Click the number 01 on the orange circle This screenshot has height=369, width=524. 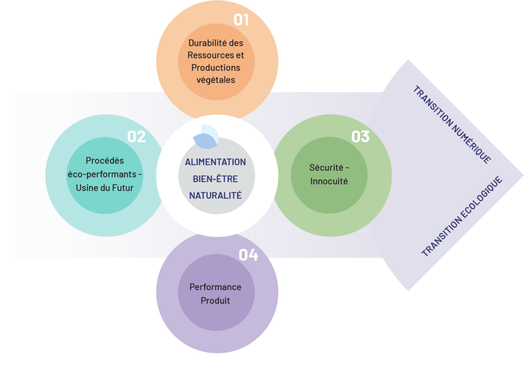[241, 20]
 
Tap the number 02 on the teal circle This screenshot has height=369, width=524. [136, 136]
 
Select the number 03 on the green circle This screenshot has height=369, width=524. [360, 136]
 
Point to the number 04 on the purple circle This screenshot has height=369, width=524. [248, 255]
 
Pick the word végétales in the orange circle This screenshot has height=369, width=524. [216, 80]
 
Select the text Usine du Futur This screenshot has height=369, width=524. [105, 188]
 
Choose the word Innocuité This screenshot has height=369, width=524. [329, 181]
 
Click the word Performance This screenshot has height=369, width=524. [215, 287]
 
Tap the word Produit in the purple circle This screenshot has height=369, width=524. [215, 301]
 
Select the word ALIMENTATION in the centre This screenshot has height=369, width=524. [215, 162]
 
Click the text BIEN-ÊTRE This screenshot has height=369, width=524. [215, 179]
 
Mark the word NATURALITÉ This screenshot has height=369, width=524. [215, 195]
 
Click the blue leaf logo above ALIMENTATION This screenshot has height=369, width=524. [205, 136]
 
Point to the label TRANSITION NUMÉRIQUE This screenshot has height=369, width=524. [452, 125]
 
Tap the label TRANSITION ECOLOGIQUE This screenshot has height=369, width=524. [462, 216]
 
